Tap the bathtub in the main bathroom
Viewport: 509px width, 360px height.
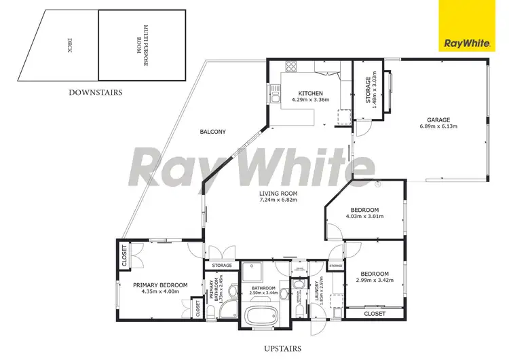point(261,316)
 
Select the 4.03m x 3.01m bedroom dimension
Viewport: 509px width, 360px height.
point(364,217)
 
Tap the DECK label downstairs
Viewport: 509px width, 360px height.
point(67,45)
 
